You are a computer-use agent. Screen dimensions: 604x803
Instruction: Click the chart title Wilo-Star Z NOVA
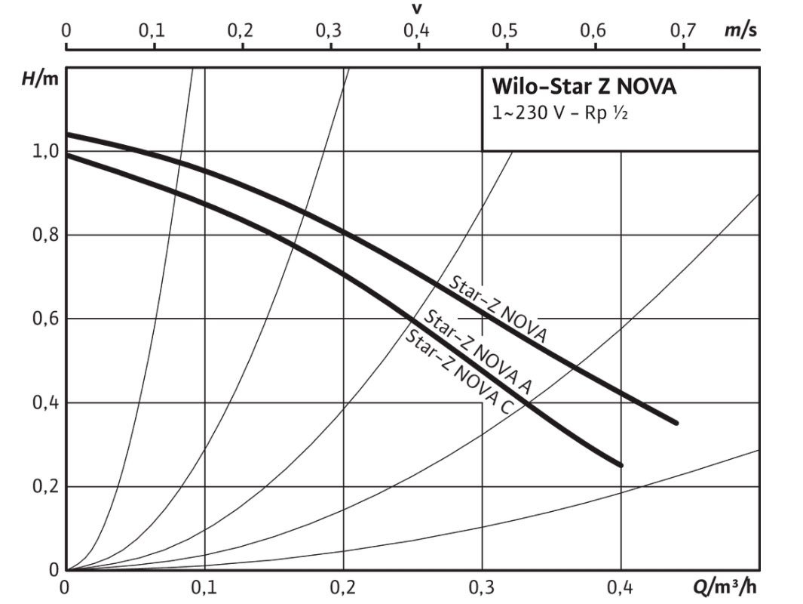click(x=584, y=86)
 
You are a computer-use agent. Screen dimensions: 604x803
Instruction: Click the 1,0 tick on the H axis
click(x=44, y=151)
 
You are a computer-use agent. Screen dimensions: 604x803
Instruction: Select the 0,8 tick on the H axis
click(x=44, y=235)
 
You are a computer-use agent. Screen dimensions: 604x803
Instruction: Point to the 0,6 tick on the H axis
click(x=44, y=319)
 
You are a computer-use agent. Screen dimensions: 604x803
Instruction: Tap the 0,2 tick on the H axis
click(x=44, y=486)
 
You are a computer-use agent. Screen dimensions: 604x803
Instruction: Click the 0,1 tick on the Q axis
click(x=204, y=587)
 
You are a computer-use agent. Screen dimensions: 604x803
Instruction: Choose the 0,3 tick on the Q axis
click(x=482, y=587)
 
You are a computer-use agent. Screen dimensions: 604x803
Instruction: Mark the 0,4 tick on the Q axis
click(x=620, y=587)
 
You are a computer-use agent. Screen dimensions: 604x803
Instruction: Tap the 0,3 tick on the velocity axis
click(x=330, y=31)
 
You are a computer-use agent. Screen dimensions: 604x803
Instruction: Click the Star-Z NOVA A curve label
click(x=478, y=353)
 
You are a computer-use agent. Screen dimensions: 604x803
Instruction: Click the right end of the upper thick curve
click(x=676, y=423)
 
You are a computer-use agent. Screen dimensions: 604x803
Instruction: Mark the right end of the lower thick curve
click(x=621, y=465)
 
